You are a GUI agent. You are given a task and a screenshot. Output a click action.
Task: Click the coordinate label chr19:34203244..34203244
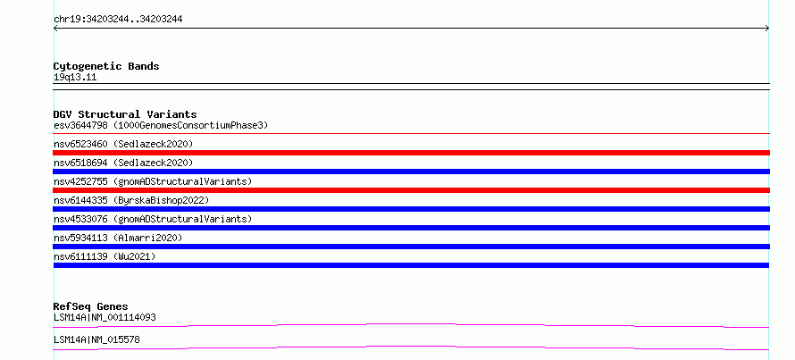coord(118,20)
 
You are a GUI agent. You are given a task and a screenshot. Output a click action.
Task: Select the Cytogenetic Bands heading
coord(106,66)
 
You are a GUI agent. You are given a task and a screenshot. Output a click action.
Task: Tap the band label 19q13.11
coord(75,78)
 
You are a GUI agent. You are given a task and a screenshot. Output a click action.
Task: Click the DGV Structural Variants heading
coord(125,114)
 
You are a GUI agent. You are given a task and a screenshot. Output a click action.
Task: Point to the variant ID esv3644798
coord(80,125)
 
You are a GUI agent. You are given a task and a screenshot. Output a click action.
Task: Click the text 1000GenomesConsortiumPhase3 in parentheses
coord(190,125)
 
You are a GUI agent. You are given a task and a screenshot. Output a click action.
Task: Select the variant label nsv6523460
coord(80,144)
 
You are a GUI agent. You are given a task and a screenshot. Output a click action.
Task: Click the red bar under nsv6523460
coord(411,153)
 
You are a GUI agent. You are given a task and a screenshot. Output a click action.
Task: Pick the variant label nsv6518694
coord(80,163)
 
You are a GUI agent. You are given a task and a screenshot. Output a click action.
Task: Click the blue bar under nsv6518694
coord(411,172)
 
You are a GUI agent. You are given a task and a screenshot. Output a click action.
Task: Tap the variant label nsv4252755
coord(80,181)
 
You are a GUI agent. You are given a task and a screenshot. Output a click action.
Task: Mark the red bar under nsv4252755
coord(411,190)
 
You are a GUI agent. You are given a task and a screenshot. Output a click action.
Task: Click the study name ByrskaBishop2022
coord(161,201)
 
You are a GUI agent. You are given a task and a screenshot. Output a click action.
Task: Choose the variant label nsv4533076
coord(80,219)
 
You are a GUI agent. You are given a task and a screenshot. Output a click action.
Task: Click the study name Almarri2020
coord(147,238)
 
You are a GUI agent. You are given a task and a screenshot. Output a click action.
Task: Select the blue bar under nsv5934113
coord(411,247)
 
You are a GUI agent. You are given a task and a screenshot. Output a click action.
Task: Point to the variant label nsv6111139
coord(80,256)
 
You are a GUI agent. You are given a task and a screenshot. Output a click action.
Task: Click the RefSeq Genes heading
coord(91,306)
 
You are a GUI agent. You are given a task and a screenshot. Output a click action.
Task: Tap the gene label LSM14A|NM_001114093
coord(105,318)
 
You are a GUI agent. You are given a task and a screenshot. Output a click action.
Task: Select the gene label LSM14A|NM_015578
coord(96,339)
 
